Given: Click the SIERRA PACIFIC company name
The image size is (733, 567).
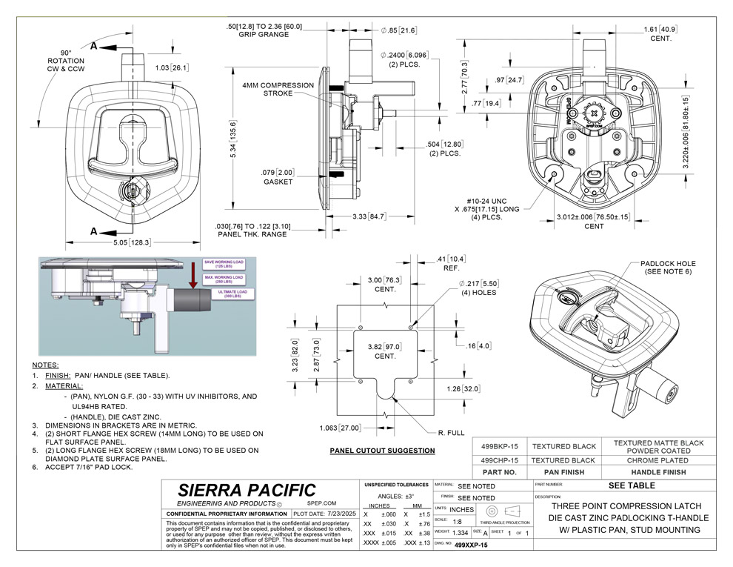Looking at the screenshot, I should [247, 490].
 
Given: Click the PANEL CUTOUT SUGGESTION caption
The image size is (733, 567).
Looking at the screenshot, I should [382, 451].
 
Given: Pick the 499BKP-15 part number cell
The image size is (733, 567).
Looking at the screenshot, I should [499, 446].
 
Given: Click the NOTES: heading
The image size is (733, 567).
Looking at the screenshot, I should [45, 365].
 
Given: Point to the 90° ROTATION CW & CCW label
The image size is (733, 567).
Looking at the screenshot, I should [66, 59].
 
